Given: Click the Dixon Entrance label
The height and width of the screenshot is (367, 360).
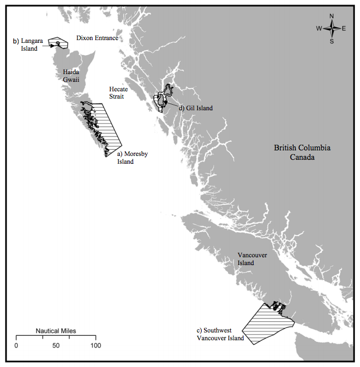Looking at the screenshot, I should pos(97,38).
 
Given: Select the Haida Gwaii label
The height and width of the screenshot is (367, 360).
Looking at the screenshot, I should pos(71,76).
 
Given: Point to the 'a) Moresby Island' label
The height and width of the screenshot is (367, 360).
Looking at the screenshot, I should pos(132,158).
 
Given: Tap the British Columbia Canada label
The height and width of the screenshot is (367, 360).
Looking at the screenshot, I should pos(302,153).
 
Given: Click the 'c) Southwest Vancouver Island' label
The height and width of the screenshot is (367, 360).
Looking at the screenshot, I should pos(219,334).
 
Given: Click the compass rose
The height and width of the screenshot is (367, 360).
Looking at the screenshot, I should pos(332,28).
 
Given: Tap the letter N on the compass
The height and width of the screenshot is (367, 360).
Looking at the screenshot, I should pos(332,16).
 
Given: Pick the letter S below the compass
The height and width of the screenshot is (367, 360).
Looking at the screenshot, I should pos(332,41).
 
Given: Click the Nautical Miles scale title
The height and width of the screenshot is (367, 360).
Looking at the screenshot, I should pos(56,331).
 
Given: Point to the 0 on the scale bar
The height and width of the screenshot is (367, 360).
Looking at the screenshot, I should pos(16,346).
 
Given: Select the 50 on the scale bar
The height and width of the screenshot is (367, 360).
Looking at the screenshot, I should pos(56,346).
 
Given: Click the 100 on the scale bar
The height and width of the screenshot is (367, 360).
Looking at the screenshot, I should pos(96,346).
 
